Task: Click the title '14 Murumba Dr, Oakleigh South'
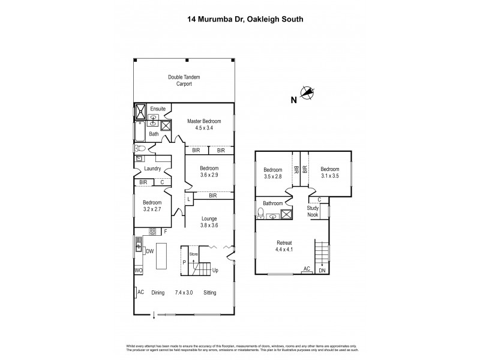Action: pyautogui.click(x=240, y=19)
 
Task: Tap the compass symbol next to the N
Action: pyautogui.click(x=308, y=92)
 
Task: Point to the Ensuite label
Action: pyautogui.click(x=157, y=109)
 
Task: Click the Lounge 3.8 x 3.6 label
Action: pyautogui.click(x=209, y=222)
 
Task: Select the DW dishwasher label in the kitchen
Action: pyautogui.click(x=149, y=251)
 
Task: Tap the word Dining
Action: pyautogui.click(x=158, y=293)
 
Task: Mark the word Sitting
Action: pyautogui.click(x=209, y=293)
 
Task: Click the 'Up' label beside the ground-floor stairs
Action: pyautogui.click(x=215, y=271)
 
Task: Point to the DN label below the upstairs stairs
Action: pyautogui.click(x=323, y=271)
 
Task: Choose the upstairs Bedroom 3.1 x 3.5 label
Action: pyautogui.click(x=329, y=172)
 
